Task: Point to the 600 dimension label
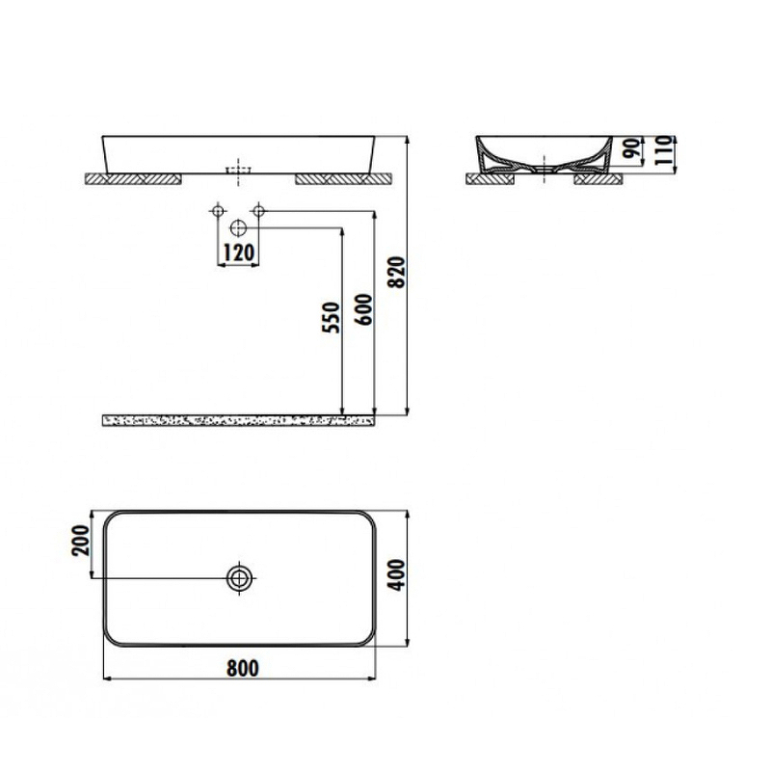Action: (x=363, y=311)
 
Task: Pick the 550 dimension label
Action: (x=332, y=319)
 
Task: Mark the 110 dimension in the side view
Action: (x=662, y=151)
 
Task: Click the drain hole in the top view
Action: (x=239, y=577)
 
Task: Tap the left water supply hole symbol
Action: (x=219, y=210)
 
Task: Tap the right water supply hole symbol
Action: (x=258, y=210)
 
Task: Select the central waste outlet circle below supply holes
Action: (x=239, y=228)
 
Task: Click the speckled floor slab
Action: (x=239, y=420)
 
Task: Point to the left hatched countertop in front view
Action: (x=135, y=178)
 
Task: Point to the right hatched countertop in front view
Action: (x=342, y=178)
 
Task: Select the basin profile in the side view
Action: (x=545, y=154)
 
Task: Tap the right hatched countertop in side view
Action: (x=598, y=178)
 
